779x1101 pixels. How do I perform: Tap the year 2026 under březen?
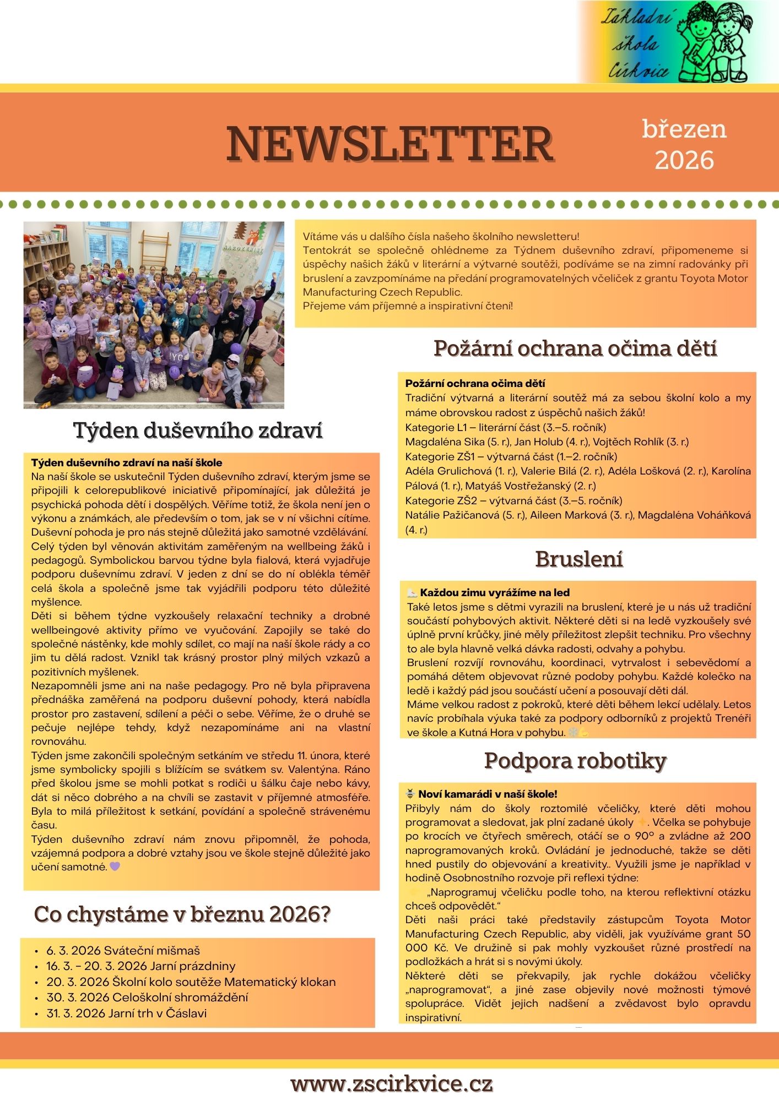(x=684, y=160)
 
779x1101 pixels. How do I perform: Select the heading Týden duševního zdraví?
(x=198, y=430)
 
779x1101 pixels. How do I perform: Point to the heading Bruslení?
(x=579, y=559)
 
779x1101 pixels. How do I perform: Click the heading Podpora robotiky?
(x=575, y=761)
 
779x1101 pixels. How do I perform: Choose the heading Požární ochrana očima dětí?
(x=575, y=348)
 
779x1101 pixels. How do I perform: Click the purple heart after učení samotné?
(x=115, y=866)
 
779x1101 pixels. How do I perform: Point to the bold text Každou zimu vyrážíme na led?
(x=494, y=593)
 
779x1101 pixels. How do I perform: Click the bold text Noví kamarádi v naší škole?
(x=488, y=794)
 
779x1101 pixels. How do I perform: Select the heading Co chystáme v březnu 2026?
(x=182, y=915)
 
